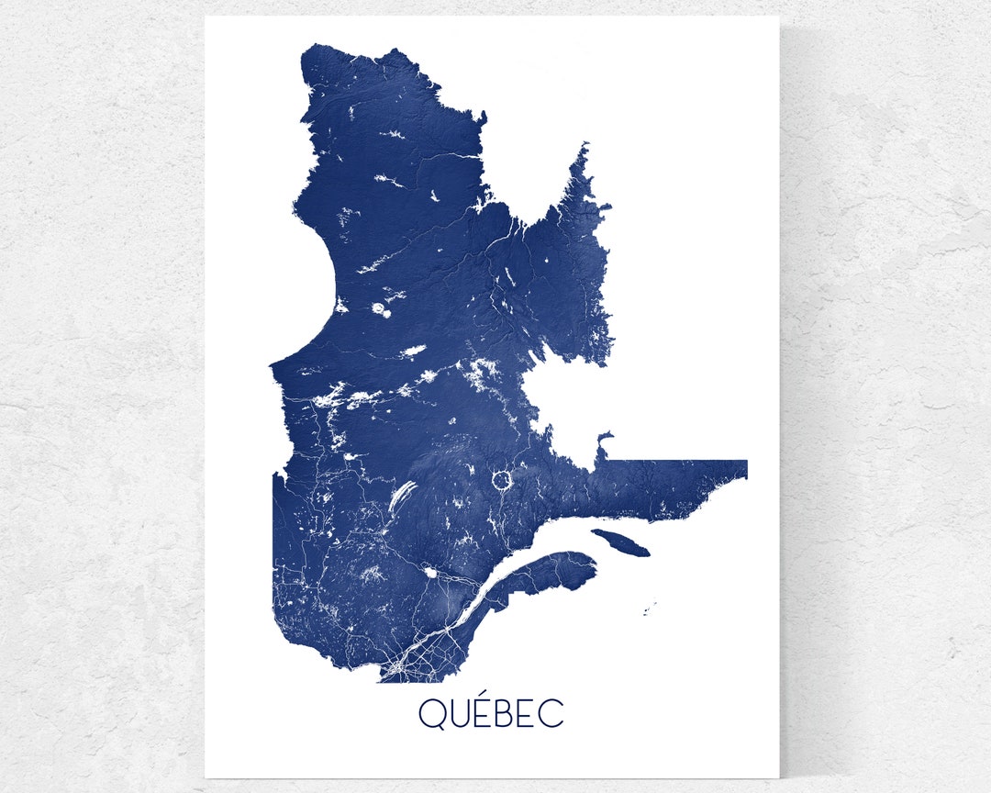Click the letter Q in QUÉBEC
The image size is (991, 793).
coord(431,714)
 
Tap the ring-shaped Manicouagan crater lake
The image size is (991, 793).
coord(502,479)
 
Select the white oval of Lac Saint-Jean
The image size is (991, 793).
coord(429,572)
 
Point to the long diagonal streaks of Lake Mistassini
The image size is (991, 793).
coord(403,497)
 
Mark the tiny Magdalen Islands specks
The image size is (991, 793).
coord(650,608)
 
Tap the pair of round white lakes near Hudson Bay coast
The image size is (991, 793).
coord(380,310)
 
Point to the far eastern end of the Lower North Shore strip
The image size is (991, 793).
coord(745,469)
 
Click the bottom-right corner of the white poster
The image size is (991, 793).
coord(777,776)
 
